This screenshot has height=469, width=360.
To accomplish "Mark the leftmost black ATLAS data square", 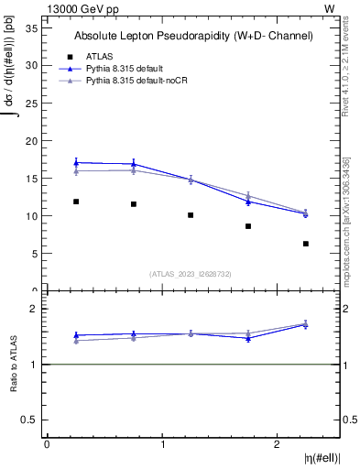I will pyautogui.click(x=76, y=202).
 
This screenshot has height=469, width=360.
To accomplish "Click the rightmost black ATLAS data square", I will pyautogui.click(x=306, y=244).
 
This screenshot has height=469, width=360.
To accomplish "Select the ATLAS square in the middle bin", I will pyautogui.click(x=191, y=215).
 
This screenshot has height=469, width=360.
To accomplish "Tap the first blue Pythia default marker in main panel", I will pyautogui.click(x=76, y=162).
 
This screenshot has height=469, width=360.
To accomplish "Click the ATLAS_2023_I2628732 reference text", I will pyautogui.click(x=191, y=273).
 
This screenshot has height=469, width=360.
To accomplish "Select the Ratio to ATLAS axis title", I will pyautogui.click(x=15, y=365).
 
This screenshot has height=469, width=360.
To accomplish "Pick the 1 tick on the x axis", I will pyautogui.click(x=162, y=444).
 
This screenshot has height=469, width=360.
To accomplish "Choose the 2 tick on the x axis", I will pyautogui.click(x=278, y=444).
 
